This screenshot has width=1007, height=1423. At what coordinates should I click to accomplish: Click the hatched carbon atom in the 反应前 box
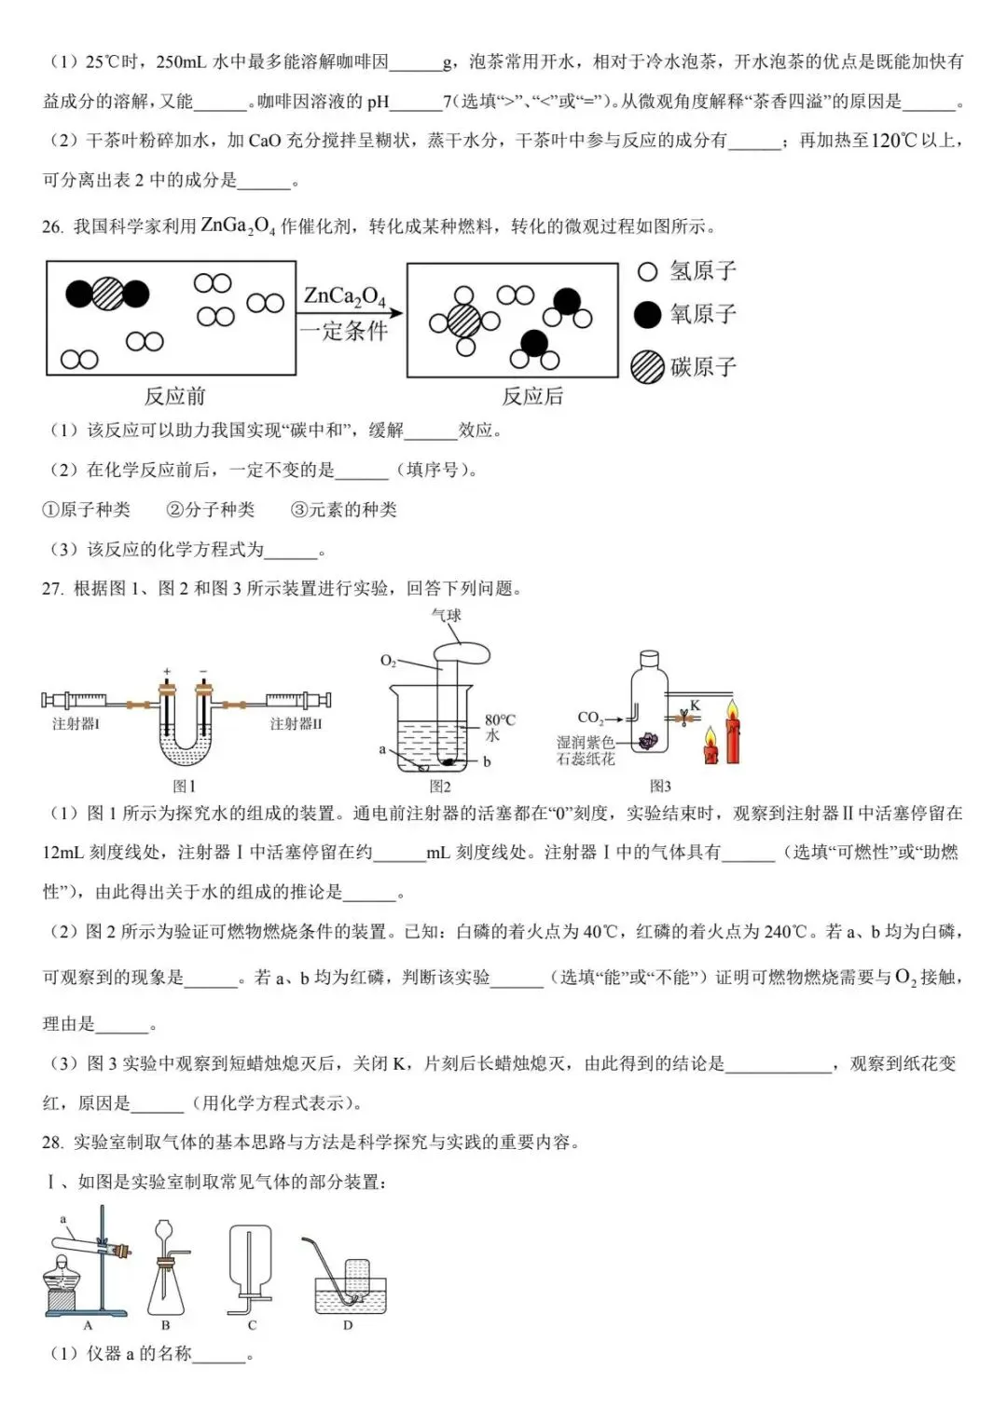[x=107, y=294]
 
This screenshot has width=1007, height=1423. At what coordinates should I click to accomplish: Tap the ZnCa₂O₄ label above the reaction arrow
[x=344, y=296]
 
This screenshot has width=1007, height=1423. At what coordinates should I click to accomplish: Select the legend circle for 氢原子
[x=647, y=272]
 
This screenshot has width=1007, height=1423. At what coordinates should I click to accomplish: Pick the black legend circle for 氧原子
[x=647, y=315]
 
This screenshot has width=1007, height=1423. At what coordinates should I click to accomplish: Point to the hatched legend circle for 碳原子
[x=647, y=367]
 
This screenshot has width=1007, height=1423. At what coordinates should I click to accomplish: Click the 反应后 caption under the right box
[x=532, y=396]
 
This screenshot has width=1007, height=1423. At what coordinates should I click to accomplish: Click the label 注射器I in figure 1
[x=76, y=724]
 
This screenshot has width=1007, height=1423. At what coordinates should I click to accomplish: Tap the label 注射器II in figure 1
[x=296, y=724]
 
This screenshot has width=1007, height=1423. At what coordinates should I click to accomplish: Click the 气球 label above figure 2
[x=447, y=615]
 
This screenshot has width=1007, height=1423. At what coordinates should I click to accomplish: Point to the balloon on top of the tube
[x=463, y=650]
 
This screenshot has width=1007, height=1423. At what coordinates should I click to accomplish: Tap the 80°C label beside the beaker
[x=500, y=720]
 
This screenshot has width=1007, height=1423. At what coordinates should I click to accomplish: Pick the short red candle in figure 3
[x=710, y=747]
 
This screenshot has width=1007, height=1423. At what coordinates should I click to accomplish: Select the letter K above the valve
[x=695, y=705]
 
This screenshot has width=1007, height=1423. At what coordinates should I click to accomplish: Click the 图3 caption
[x=660, y=786]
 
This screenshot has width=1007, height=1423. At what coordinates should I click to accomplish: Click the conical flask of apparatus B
[x=166, y=1291]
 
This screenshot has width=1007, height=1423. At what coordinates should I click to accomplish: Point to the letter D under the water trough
[x=348, y=1324]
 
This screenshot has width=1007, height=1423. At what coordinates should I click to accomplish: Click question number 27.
[x=52, y=588]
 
